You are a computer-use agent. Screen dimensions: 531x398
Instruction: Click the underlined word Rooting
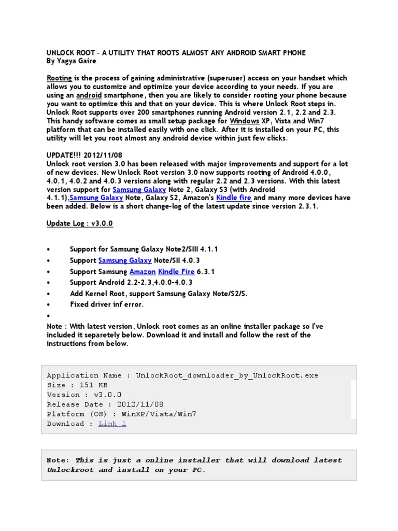[x=59, y=78]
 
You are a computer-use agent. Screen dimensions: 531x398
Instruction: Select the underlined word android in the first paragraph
[x=89, y=95]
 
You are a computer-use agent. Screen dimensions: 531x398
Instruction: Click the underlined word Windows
[x=244, y=121]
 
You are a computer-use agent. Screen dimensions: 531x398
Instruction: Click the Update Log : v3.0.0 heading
[x=79, y=223]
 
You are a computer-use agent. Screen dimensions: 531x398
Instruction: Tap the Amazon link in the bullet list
[x=142, y=271]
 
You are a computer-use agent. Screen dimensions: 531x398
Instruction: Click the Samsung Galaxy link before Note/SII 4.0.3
[x=125, y=260]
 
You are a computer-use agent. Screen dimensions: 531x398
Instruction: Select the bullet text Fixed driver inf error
[x=107, y=304]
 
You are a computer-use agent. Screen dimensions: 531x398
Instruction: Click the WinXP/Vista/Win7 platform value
[x=159, y=414]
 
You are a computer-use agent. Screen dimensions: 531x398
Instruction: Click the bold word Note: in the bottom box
[x=58, y=460]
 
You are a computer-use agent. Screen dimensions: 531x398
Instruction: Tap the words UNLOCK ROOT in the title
[x=68, y=52]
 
